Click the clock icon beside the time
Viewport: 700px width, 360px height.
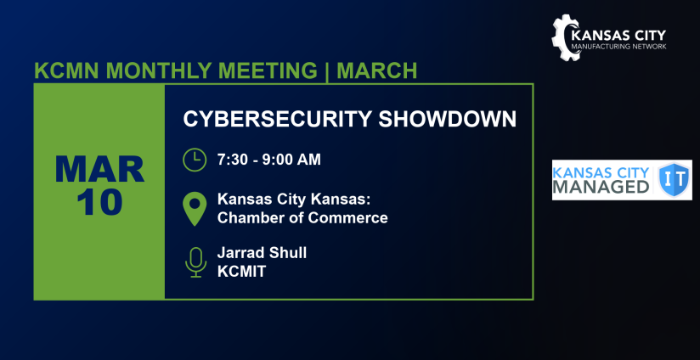pyautogui.click(x=195, y=160)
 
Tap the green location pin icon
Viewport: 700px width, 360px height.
pyautogui.click(x=195, y=208)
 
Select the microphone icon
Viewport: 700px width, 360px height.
pyautogui.click(x=195, y=262)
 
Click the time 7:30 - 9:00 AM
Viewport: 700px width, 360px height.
pyautogui.click(x=269, y=160)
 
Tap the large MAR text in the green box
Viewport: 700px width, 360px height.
pyautogui.click(x=99, y=170)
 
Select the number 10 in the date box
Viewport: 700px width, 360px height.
pyautogui.click(x=99, y=202)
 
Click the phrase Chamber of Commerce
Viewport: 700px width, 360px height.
pyautogui.click(x=302, y=217)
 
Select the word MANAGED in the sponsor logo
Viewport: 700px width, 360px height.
pyautogui.click(x=601, y=188)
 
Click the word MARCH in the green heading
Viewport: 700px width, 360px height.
pyautogui.click(x=376, y=70)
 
